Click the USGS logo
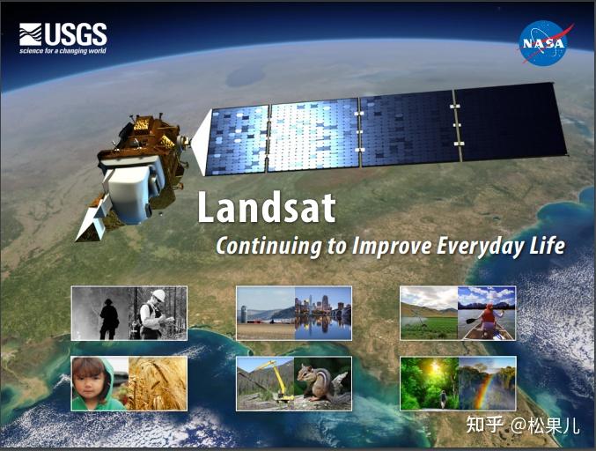click(x=63, y=35)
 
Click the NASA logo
click(x=542, y=41)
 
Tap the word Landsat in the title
click(x=266, y=209)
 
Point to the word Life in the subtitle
click(x=547, y=246)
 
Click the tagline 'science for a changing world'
click(x=63, y=51)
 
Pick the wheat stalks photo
click(x=158, y=383)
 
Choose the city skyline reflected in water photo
click(x=323, y=313)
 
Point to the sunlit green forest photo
click(x=429, y=383)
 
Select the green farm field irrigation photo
click(x=429, y=314)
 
